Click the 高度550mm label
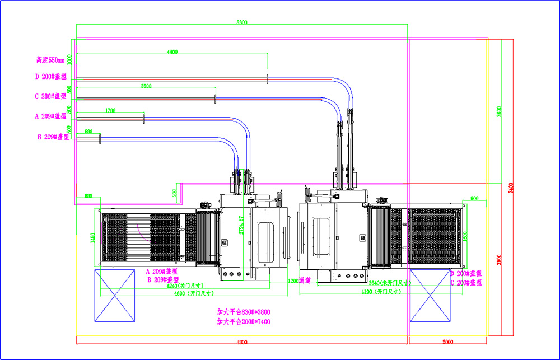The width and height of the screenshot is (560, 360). tap(50, 59)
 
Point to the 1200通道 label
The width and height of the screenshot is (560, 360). tap(299, 280)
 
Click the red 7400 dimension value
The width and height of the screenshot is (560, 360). tap(510, 187)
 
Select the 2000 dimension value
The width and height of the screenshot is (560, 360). tap(449, 341)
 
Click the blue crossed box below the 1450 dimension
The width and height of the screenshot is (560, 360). tap(114, 295)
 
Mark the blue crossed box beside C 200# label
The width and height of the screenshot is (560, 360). tap(430, 295)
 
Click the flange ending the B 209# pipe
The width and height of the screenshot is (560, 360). tap(100, 138)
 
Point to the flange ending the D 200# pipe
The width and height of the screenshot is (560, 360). tap(268, 78)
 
